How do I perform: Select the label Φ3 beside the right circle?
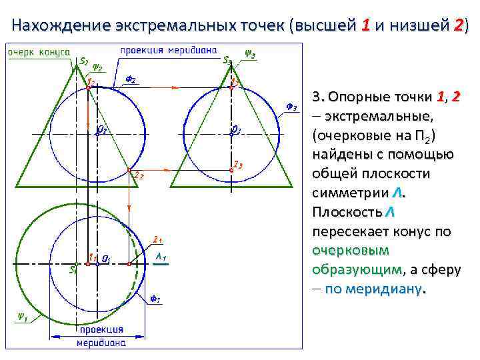tap(291, 107)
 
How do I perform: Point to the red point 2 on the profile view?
tap(231, 170)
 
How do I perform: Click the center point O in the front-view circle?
tap(97, 133)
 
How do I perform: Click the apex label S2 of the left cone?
tap(85, 61)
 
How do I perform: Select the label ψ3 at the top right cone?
tap(250, 53)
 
